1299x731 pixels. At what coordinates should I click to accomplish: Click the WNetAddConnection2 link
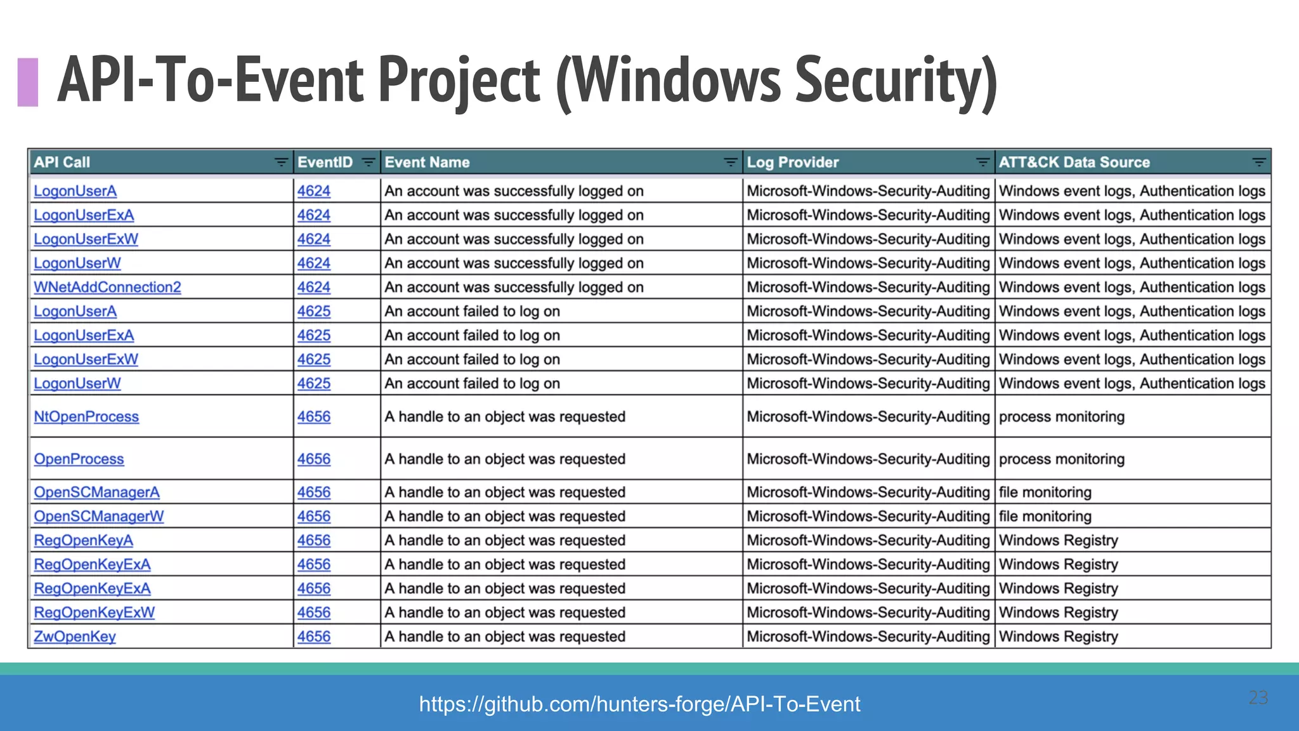[x=107, y=287]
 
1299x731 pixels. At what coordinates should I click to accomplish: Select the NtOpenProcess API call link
[x=86, y=417]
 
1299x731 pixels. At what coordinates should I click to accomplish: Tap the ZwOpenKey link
[x=75, y=636]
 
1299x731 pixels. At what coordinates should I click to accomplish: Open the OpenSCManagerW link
[x=99, y=517]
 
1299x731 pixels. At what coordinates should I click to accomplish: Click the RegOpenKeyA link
[x=84, y=541]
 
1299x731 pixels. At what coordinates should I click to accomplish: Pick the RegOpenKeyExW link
[x=95, y=613]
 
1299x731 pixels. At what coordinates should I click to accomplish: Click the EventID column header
[x=325, y=162]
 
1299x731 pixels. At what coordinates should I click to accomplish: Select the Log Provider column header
[x=793, y=162]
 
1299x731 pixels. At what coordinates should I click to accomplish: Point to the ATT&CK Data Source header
[x=1074, y=162]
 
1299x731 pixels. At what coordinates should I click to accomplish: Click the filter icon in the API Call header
[x=281, y=162]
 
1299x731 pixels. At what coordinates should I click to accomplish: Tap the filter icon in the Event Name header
[x=731, y=162]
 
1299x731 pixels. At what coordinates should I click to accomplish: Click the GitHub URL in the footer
[x=639, y=704]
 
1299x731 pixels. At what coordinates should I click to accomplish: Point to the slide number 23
[x=1258, y=697]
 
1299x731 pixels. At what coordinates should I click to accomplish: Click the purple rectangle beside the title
[x=28, y=82]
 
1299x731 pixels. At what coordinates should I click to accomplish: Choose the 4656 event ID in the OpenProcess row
[x=314, y=459]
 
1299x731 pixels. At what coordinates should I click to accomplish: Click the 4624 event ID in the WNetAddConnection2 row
[x=314, y=287]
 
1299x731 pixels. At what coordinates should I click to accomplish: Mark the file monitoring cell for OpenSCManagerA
[x=1045, y=492]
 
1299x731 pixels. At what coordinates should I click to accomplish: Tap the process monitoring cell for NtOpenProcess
[x=1062, y=417]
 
